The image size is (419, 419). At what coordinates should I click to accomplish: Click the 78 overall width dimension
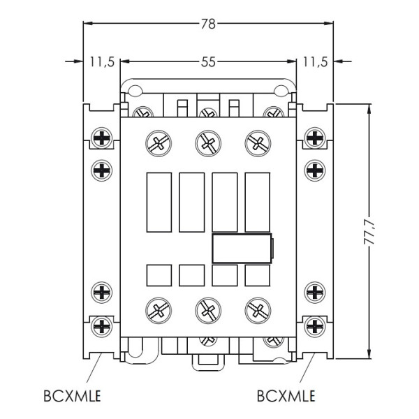click(x=207, y=23)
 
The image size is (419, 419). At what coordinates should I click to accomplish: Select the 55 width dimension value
click(x=207, y=61)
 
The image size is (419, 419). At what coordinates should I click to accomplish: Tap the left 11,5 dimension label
click(x=102, y=61)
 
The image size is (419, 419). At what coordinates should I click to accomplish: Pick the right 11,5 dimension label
click(x=315, y=61)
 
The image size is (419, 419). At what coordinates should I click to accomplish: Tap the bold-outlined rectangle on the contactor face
click(x=241, y=248)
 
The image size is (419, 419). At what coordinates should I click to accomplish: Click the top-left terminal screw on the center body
click(x=156, y=143)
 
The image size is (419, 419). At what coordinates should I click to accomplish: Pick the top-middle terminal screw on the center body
click(x=206, y=143)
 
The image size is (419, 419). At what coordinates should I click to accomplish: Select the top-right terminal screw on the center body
click(x=256, y=143)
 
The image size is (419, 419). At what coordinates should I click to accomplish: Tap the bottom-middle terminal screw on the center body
click(x=206, y=307)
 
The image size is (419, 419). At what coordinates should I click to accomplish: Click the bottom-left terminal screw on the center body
click(x=156, y=307)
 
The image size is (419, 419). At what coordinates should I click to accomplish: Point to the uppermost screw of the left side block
click(x=102, y=137)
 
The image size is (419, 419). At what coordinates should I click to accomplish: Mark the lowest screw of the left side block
click(x=102, y=325)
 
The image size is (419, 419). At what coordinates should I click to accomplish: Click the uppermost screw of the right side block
click(x=315, y=137)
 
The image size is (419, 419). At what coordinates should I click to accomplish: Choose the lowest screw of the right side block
click(x=315, y=325)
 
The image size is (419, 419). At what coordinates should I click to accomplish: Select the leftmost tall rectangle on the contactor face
click(x=159, y=202)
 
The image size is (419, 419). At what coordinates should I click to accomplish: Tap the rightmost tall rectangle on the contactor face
click(x=257, y=202)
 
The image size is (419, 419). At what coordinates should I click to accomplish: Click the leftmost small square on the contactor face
click(x=159, y=275)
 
